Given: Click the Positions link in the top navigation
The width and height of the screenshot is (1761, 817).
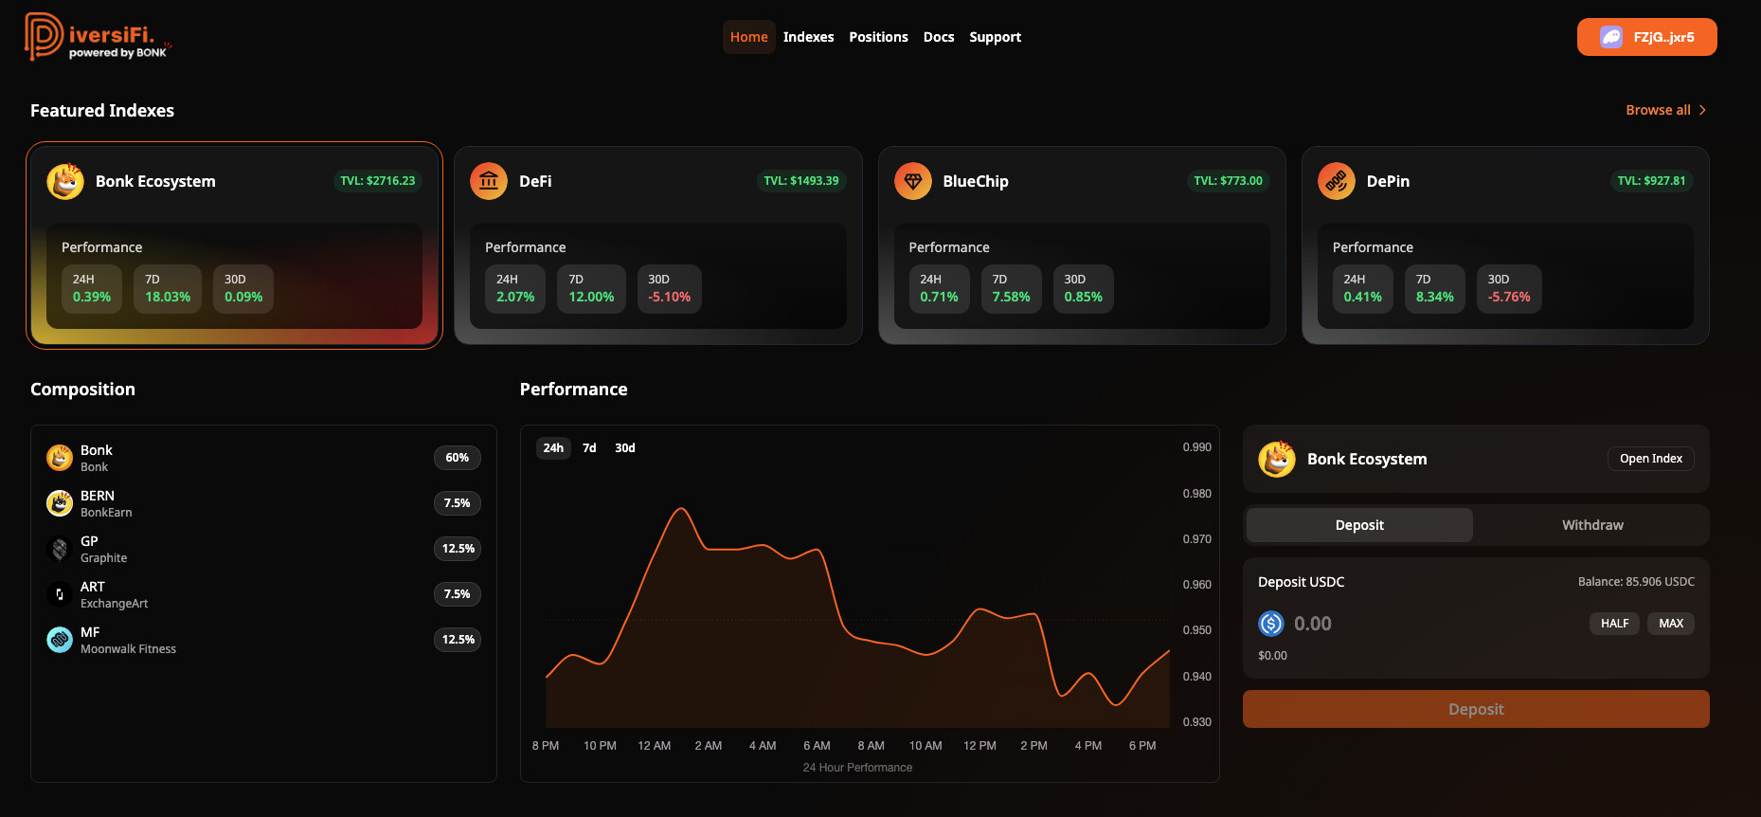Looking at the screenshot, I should [878, 37].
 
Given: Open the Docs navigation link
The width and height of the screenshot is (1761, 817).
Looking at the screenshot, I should [938, 37].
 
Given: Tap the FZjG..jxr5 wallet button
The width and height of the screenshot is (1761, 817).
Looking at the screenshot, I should [1646, 37].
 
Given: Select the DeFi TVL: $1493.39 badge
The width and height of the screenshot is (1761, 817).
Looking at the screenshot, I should [800, 181].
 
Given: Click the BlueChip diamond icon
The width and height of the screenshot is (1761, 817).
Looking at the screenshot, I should [912, 181].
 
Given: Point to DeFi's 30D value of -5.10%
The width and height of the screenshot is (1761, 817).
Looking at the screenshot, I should [669, 297].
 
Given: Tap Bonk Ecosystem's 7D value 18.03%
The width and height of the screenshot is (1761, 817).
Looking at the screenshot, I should [168, 297].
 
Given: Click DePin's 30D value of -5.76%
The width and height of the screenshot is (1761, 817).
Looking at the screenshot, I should [1508, 297].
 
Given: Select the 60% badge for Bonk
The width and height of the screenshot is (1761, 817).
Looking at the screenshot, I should [457, 458].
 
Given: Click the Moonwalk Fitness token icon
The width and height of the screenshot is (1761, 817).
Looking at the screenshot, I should [60, 640].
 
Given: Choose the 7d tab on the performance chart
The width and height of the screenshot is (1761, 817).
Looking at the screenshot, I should [589, 448].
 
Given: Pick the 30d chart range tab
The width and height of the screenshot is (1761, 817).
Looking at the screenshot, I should [624, 448].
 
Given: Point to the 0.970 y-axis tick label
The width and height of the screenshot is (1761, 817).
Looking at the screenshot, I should [1196, 539].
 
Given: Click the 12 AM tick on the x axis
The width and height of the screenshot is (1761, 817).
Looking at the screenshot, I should [654, 746].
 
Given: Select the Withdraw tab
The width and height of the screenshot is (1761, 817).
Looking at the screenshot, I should [1591, 525].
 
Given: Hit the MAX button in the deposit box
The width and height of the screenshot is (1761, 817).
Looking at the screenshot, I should [1670, 624].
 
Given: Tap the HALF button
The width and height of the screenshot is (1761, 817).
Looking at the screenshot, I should [1614, 624].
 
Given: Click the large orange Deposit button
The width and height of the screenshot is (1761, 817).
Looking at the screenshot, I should [1475, 709].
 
